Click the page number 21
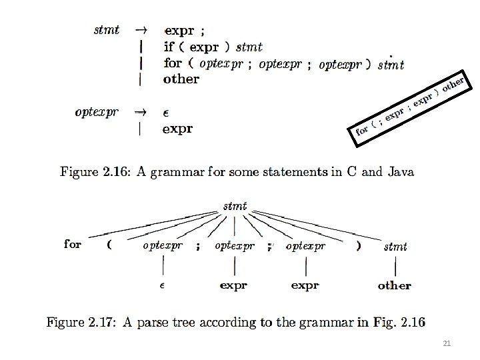click(x=447, y=344)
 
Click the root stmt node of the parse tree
click(x=235, y=205)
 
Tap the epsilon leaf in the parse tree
click(x=162, y=285)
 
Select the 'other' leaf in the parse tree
click(x=394, y=285)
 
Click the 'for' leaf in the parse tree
click(x=73, y=244)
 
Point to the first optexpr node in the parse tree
click(x=163, y=245)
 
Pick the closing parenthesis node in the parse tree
click(x=359, y=245)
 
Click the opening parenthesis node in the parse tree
click(x=109, y=245)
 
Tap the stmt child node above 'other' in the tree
click(x=395, y=247)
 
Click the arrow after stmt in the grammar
click(x=141, y=30)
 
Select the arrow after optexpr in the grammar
click(x=141, y=112)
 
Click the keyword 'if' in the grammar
click(x=169, y=47)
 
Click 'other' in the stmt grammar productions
click(x=181, y=79)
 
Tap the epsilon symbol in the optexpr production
click(x=167, y=113)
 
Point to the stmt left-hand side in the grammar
click(x=107, y=29)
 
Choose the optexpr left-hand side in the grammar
click(x=97, y=112)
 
